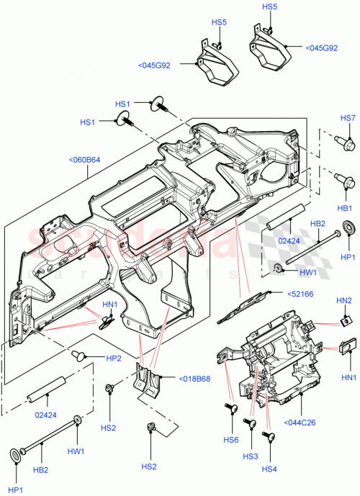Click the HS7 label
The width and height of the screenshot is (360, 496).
point(348,117)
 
